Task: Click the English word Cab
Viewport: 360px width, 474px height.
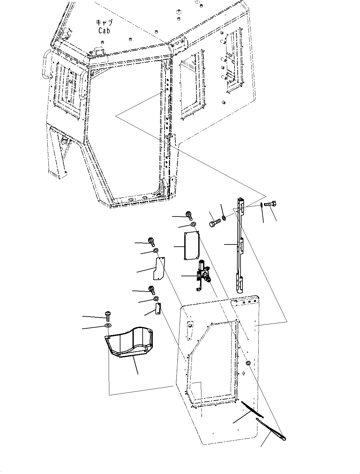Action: point(104,31)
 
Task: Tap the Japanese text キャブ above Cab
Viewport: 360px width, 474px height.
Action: point(104,23)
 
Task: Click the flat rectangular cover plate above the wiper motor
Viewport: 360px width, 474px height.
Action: point(192,246)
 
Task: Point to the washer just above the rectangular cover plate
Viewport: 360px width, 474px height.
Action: point(193,225)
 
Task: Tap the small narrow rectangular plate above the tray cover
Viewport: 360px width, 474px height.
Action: point(158,308)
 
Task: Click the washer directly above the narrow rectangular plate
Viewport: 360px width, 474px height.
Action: point(156,299)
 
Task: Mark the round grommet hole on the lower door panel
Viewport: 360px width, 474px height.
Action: point(248,363)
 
